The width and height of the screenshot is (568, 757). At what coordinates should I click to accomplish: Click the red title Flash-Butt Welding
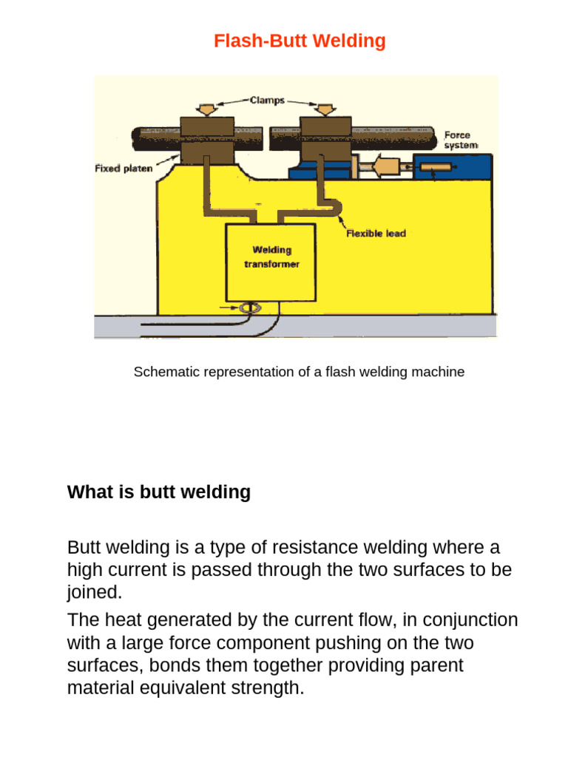coord(300,41)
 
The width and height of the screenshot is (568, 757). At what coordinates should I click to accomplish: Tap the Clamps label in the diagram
coord(267,100)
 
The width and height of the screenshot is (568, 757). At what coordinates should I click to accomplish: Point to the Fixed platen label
coord(124,168)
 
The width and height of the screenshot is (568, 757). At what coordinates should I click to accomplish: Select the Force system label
coord(461,140)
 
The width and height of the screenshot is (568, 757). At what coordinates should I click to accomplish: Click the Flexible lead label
coord(376,233)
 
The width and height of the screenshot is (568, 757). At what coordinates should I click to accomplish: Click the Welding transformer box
coord(271,262)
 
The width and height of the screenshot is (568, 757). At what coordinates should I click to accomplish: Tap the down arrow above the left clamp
coord(207,109)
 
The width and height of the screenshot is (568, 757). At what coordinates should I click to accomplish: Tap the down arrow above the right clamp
coord(325,109)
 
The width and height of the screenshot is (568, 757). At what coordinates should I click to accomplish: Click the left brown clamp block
coord(207,140)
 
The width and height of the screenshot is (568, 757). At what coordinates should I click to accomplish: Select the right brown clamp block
coord(325,140)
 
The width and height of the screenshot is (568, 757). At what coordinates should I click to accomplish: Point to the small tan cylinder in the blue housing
coord(436,167)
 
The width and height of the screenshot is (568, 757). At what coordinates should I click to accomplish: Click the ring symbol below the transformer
coord(251,308)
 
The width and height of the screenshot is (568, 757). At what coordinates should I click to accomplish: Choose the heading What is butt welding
coord(159,492)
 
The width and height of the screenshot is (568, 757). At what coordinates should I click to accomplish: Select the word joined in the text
coord(94,592)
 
